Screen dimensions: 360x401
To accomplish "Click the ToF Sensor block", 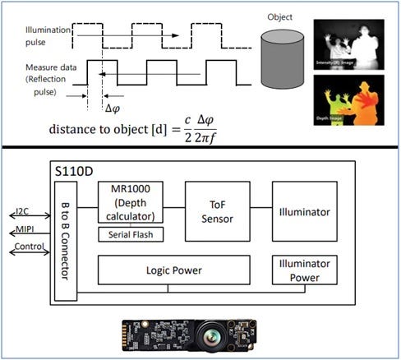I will tap(218, 211).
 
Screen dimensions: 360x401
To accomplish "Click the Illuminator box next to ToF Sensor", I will tap(304, 211).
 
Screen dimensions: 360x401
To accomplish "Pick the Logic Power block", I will tap(173, 269).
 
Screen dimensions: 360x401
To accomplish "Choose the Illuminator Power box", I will tap(304, 269).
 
